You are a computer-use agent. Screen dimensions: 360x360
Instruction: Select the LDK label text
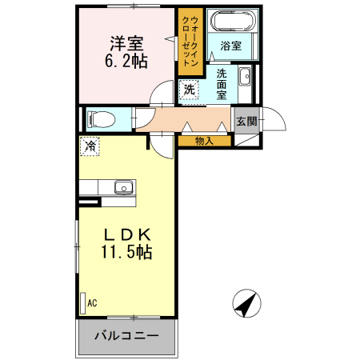[126, 234]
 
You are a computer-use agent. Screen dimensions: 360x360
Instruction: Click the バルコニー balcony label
[126, 335]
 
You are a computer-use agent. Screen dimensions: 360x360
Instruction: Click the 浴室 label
[230, 46]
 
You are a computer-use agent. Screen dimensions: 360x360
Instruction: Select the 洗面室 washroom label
[222, 83]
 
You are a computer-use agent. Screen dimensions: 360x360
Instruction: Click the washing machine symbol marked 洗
[189, 90]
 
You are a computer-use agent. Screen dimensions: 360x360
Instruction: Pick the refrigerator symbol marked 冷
[90, 147]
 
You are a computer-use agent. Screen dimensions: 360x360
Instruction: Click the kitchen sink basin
[124, 188]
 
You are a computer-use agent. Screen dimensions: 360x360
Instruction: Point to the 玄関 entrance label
[246, 122]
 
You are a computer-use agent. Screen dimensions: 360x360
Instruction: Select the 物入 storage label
[204, 141]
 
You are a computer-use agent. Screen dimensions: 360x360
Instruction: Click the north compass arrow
[247, 305]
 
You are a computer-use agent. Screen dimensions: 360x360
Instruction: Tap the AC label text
[92, 303]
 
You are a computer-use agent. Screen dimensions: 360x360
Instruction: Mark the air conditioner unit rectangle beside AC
[82, 303]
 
